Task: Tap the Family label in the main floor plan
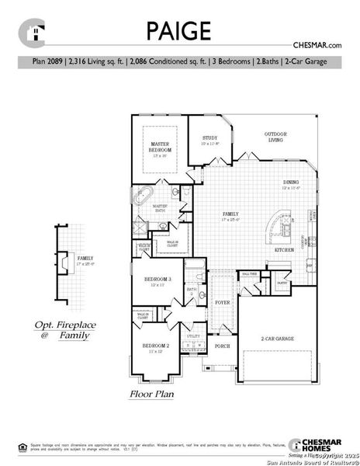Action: click(x=231, y=215)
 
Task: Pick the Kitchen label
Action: click(x=282, y=251)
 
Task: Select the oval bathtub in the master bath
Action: click(x=144, y=195)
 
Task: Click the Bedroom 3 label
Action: click(x=157, y=281)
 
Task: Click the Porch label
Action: click(x=223, y=346)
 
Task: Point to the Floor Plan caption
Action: click(x=151, y=395)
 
